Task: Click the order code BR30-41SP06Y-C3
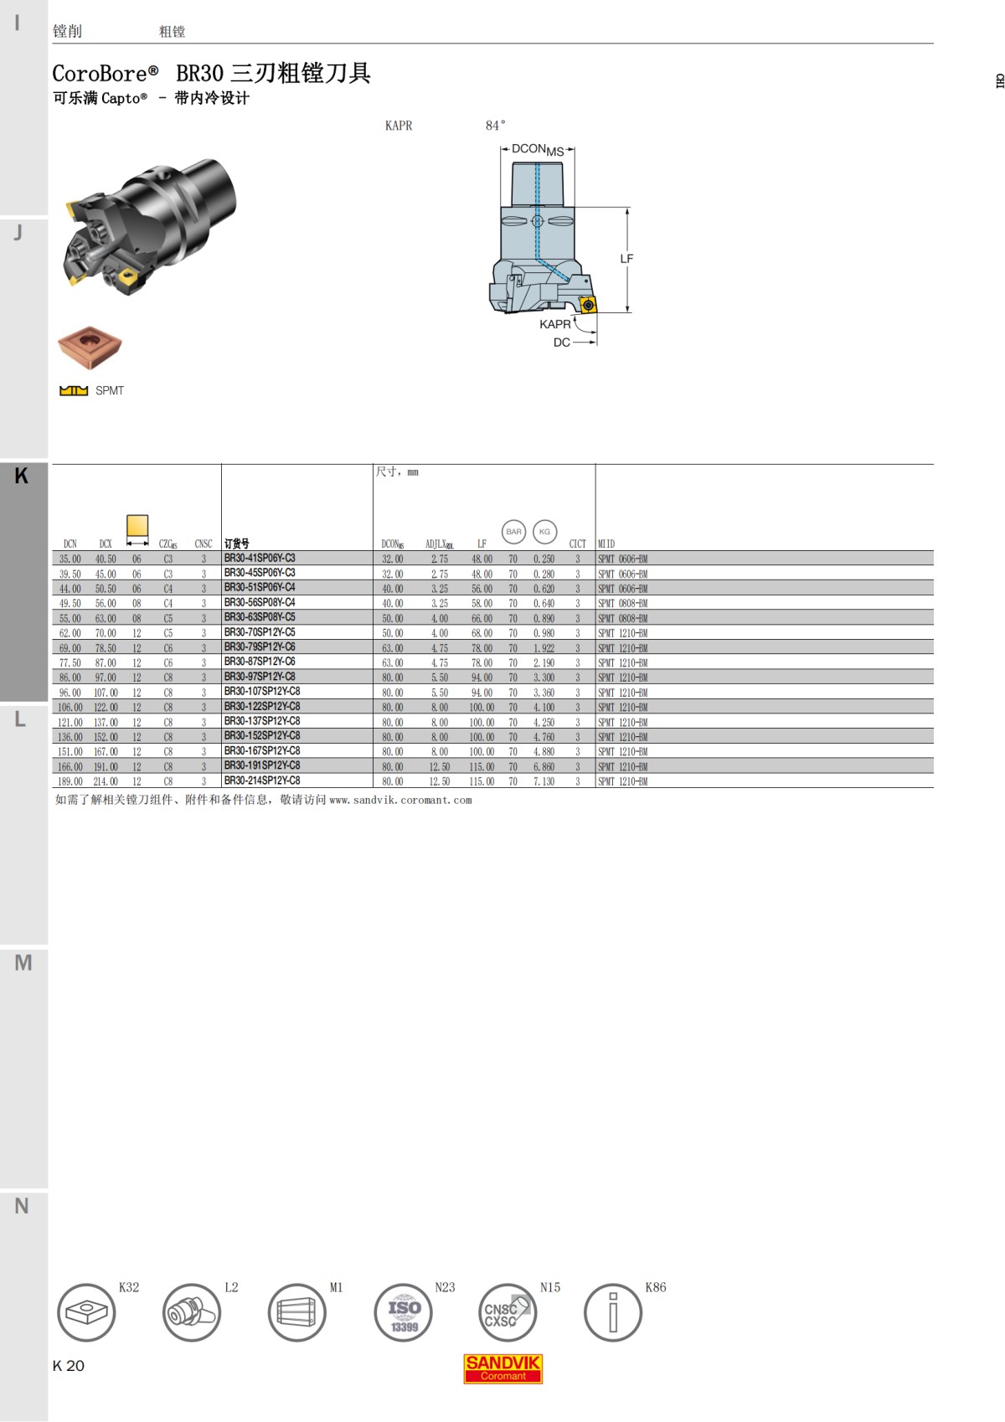pos(260,559)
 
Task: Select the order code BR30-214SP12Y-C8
pos(262,781)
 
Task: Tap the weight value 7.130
pos(544,781)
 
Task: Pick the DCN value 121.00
pos(70,722)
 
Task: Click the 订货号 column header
pos(237,544)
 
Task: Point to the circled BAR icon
pos(513,532)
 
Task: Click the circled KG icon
pos(544,532)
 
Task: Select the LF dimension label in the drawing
pos(626,259)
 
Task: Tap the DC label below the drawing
pos(561,343)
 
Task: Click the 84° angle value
pos(495,126)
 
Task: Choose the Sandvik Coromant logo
pos(503,1368)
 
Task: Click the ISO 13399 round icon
pos(403,1313)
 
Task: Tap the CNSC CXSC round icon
pos(507,1313)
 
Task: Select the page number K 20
pos(69,1366)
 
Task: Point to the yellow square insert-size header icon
pos(137,526)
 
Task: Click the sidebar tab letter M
pos(23,963)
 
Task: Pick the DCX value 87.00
pos(106,662)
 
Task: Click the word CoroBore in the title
pos(100,74)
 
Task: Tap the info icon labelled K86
pos(612,1313)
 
